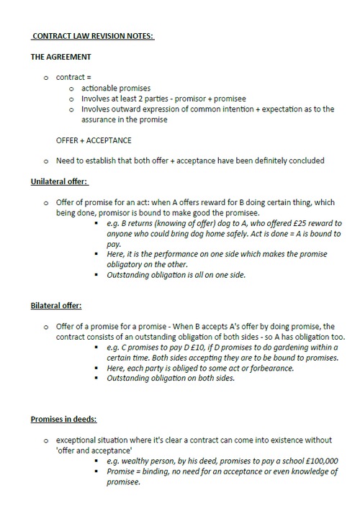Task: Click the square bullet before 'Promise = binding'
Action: (96, 471)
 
